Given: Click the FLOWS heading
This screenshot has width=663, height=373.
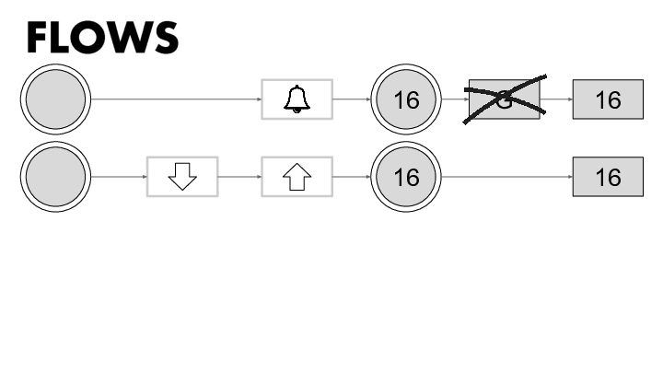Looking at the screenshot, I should point(101,37).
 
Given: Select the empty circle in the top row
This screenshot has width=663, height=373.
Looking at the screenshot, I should point(54,99).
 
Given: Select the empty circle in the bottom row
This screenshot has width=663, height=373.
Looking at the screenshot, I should point(54,176).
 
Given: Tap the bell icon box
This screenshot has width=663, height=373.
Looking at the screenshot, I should point(297,99).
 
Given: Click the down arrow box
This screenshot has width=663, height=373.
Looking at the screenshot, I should point(182,176).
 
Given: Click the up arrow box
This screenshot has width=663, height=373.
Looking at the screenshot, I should point(297,176).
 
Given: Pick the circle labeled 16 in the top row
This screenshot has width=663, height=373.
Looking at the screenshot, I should point(406,99).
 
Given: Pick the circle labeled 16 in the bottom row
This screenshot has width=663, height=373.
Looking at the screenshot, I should point(406,176).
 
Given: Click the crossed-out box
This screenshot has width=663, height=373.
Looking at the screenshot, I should point(504,99).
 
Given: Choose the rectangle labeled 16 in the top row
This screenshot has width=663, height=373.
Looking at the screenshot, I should point(608,99).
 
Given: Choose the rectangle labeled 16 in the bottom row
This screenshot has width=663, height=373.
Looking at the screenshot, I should point(608,176).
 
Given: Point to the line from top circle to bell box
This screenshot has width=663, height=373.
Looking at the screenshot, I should point(175,99).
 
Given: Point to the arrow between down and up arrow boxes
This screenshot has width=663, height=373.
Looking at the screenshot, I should point(239,176).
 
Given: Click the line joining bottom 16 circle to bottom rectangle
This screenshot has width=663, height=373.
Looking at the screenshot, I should point(506,176).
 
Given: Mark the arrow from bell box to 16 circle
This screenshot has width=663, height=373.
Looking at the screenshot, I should point(351,99).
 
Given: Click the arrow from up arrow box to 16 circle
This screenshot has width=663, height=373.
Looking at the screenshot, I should point(351,176).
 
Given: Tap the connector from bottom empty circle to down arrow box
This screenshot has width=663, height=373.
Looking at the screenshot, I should point(118,176).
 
